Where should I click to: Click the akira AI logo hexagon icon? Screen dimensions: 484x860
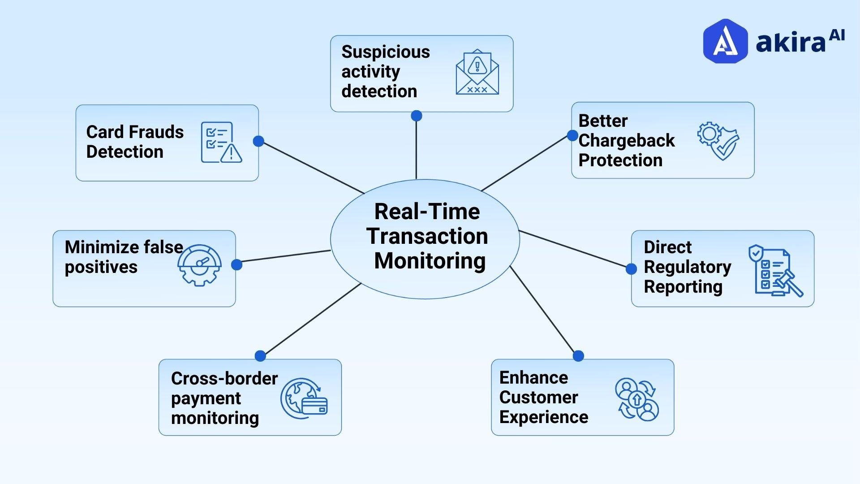click(x=725, y=41)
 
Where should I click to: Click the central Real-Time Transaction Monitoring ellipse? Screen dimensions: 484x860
click(x=425, y=238)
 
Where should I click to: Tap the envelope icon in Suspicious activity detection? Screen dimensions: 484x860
click(x=477, y=72)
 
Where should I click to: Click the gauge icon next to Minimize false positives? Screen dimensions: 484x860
click(x=199, y=265)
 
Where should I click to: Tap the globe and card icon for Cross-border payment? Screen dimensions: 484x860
click(x=304, y=399)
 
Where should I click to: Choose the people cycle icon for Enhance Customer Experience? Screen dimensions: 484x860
click(x=636, y=399)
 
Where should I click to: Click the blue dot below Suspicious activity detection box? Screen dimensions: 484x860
click(x=417, y=116)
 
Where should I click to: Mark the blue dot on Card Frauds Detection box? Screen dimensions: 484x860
click(x=258, y=141)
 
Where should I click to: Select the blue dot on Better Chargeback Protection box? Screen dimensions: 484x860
click(x=572, y=135)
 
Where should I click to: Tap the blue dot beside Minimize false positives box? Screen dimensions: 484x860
click(x=236, y=265)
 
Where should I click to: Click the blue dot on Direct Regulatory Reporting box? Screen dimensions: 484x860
click(x=631, y=269)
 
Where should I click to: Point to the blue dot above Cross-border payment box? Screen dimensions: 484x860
click(x=260, y=356)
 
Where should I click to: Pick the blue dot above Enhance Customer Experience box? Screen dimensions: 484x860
click(x=578, y=356)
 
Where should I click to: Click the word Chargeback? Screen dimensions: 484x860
click(x=626, y=141)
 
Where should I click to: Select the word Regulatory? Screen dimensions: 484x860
click(x=687, y=267)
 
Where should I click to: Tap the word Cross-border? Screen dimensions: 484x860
click(x=224, y=379)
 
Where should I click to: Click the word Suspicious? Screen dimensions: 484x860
click(x=385, y=52)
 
